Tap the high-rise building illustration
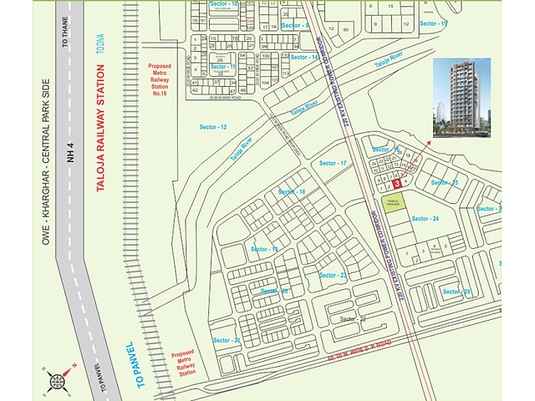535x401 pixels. click(461, 97)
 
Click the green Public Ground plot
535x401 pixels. click(393, 202)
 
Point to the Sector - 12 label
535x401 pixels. click(213, 126)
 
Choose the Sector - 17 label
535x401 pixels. click(333, 163)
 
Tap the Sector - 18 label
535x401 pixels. click(292, 192)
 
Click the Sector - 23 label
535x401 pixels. click(333, 275)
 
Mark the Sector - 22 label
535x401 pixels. click(353, 319)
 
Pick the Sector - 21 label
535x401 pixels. click(226, 340)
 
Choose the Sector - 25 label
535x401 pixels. click(444, 182)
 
